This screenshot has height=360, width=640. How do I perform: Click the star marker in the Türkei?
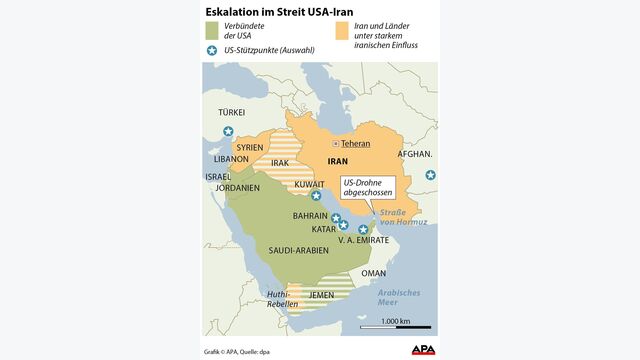[x=228, y=131]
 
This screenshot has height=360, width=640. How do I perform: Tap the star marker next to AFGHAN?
[x=430, y=176]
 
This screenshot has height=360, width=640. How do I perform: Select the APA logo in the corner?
[x=424, y=349]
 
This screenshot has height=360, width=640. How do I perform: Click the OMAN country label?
[x=373, y=273]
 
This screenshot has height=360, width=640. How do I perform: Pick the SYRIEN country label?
[x=249, y=147]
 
